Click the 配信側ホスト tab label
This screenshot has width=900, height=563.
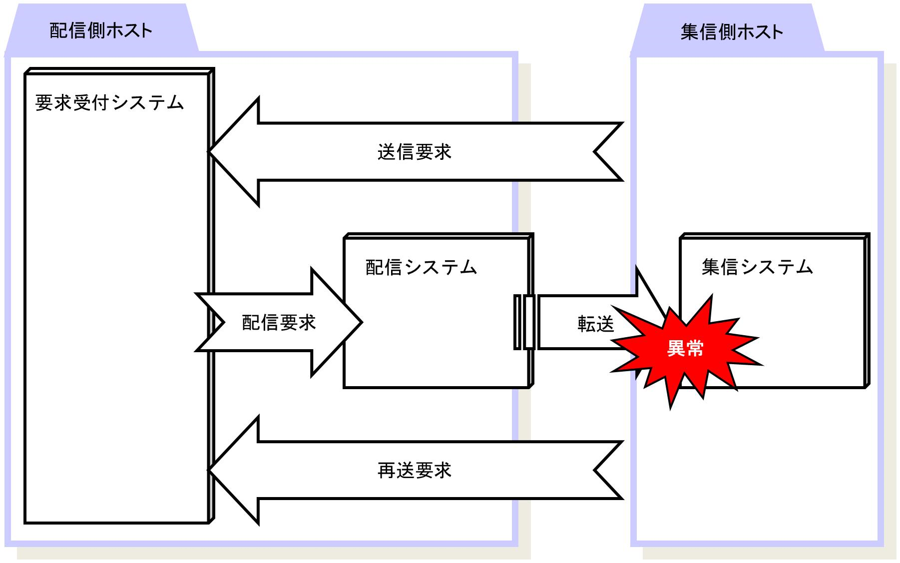pos(101,31)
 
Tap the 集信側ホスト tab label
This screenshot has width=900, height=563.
pos(732,32)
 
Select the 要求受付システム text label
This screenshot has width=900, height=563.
pos(110,103)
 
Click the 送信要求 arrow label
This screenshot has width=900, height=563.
pos(415,152)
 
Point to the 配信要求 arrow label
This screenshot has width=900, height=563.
pos(279,323)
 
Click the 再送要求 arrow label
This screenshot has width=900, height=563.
pos(415,471)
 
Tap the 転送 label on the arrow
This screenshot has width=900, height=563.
pos(596,324)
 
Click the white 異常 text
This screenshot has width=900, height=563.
pos(685,348)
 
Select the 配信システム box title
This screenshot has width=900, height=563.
pos(422,267)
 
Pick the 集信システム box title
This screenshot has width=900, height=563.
pos(758,267)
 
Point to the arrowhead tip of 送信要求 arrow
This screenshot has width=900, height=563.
pos(209,152)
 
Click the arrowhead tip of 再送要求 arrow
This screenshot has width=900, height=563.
pos(209,470)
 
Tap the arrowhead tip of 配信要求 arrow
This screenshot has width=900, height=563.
pos(361,322)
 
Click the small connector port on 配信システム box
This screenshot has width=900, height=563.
pos(524,322)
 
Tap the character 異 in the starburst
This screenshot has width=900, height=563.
pos(676,348)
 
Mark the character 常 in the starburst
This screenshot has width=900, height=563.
pos(695,348)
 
